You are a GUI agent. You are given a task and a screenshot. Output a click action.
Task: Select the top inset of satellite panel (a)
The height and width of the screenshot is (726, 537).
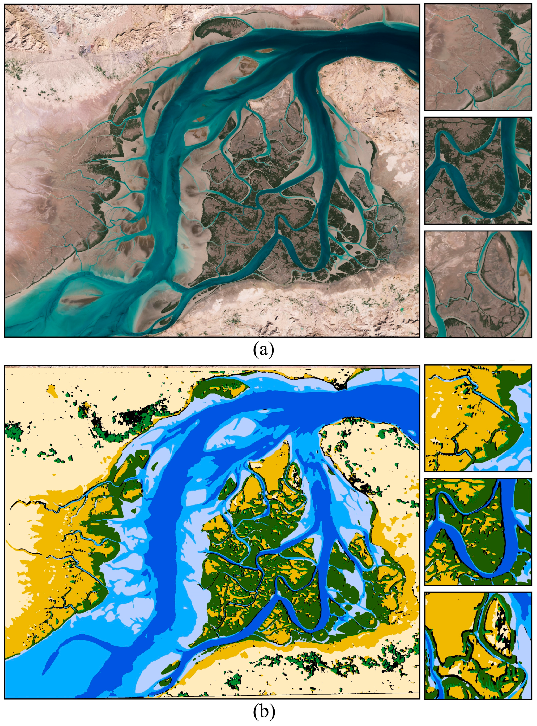478,57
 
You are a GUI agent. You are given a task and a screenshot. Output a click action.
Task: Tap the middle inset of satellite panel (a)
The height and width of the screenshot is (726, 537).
478,171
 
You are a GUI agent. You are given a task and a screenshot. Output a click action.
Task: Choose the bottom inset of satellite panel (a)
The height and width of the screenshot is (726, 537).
478,284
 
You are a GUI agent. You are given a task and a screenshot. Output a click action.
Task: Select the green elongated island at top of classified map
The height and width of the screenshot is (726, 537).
221,389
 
